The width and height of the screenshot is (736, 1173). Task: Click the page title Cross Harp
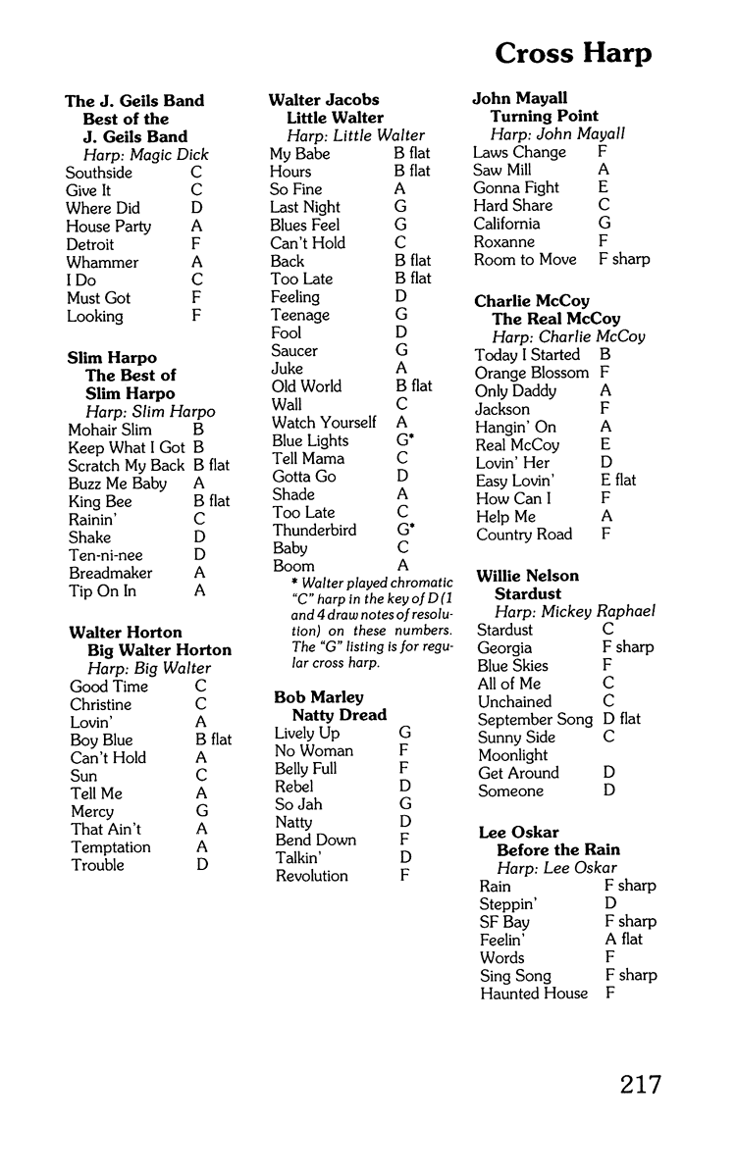tap(572, 52)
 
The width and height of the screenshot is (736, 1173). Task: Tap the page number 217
tap(640, 1085)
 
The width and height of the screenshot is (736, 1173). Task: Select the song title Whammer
tap(102, 262)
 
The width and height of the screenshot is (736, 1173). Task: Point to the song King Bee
tap(100, 501)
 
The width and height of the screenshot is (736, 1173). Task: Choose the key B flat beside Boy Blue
tap(214, 739)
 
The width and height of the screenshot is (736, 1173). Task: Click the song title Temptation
tap(111, 847)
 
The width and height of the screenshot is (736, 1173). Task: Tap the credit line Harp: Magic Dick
tap(146, 155)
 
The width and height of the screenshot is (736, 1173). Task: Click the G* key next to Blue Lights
tap(405, 440)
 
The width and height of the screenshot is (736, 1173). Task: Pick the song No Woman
tap(314, 751)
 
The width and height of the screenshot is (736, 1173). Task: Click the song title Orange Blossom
tap(532, 373)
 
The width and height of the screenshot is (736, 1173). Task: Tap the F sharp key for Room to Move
tap(624, 259)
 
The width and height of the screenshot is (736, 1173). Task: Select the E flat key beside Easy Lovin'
tap(618, 480)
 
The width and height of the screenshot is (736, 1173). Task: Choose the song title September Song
tap(536, 719)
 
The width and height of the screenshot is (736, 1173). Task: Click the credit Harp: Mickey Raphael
tap(574, 612)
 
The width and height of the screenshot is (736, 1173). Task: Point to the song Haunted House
tap(534, 994)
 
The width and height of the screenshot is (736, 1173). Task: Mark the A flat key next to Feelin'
tap(625, 940)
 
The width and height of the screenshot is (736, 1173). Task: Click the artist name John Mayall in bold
tap(520, 98)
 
